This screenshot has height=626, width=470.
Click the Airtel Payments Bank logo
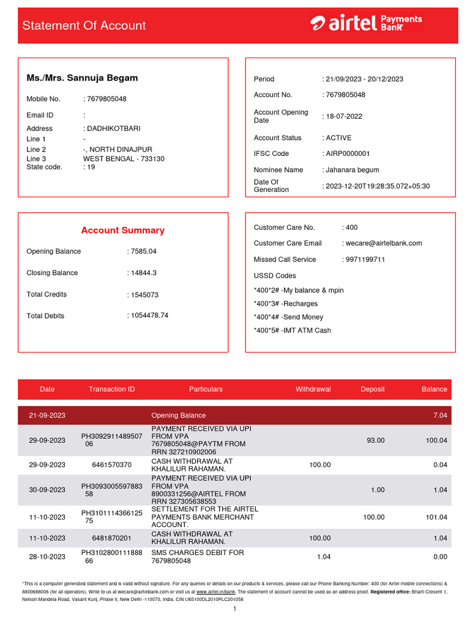pyautogui.click(x=366, y=23)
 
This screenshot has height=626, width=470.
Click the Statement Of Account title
pyautogui.click(x=84, y=26)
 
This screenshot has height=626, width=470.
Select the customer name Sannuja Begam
pyautogui.click(x=82, y=78)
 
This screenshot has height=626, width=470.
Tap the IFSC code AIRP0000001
pyautogui.click(x=348, y=153)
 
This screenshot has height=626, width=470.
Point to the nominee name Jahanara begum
pyautogui.click(x=352, y=170)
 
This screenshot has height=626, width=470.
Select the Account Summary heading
pyautogui.click(x=123, y=230)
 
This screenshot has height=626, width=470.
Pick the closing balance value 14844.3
pyautogui.click(x=143, y=273)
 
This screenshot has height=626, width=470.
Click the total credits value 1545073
pyautogui.click(x=144, y=295)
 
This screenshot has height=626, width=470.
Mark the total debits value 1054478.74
pyautogui.click(x=149, y=315)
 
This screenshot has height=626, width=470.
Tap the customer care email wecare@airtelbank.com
pyautogui.click(x=383, y=243)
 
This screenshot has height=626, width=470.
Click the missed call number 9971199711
pyautogui.click(x=365, y=259)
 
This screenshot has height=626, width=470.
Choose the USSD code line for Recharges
pyautogui.click(x=286, y=304)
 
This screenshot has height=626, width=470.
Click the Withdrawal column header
pyautogui.click(x=313, y=389)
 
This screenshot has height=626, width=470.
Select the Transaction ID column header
pyautogui.click(x=111, y=389)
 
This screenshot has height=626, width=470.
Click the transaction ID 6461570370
pyautogui.click(x=111, y=465)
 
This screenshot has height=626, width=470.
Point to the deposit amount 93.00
pyautogui.click(x=375, y=440)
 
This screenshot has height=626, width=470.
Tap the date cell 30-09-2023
pyautogui.click(x=47, y=490)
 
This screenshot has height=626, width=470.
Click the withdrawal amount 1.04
pyautogui.click(x=323, y=557)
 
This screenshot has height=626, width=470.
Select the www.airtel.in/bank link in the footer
pyautogui.click(x=215, y=592)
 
